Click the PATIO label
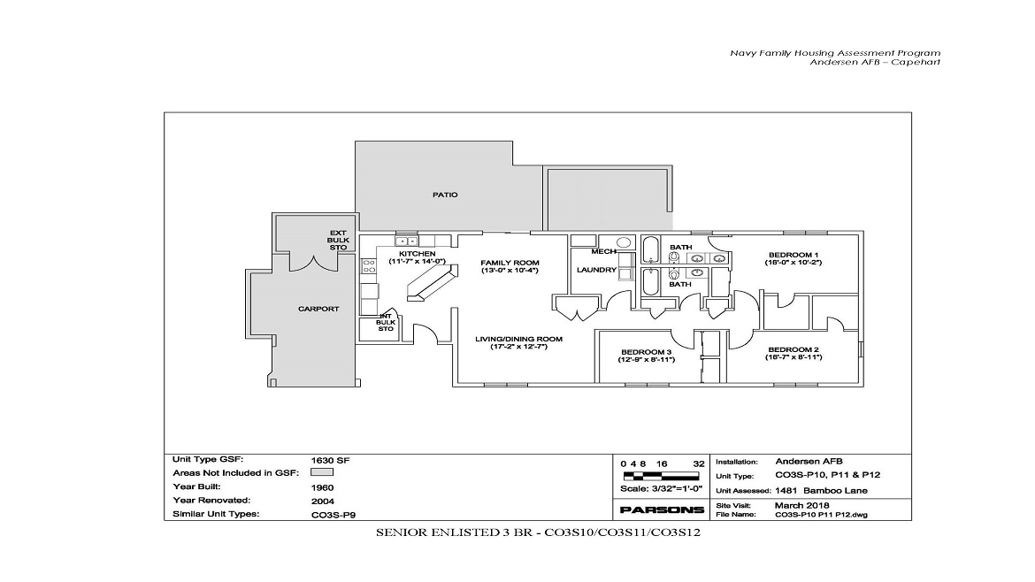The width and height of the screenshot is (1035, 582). point(445,195)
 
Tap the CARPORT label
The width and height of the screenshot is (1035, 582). point(318,309)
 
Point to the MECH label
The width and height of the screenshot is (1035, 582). point(591,251)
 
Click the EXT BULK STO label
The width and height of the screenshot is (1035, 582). point(338,239)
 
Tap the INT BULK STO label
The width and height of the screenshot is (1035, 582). point(386,322)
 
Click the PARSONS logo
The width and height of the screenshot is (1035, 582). point(662,509)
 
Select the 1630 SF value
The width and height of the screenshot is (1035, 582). point(326,460)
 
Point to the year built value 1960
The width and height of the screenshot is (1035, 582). point(323,486)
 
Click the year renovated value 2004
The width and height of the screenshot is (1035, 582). point(323,500)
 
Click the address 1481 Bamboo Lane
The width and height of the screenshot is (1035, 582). point(821,491)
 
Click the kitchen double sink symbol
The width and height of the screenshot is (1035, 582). point(406,241)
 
